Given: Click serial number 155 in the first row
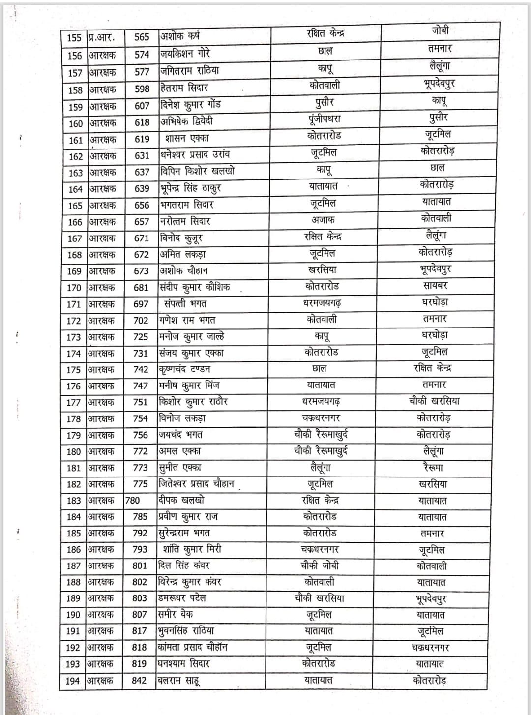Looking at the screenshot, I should [x=74, y=38].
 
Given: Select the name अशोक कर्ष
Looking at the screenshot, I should [x=180, y=37].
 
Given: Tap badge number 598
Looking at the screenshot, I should [x=142, y=89].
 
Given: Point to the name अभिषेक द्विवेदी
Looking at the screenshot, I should [x=186, y=121].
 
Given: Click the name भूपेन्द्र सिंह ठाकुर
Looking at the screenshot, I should [x=190, y=188].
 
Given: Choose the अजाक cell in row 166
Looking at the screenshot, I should [x=323, y=220].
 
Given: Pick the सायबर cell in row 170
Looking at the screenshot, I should [x=435, y=285].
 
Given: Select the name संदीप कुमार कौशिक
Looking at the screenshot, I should [x=194, y=287].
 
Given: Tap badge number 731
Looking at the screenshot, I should [x=140, y=353].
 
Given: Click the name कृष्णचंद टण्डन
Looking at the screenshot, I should [x=184, y=369].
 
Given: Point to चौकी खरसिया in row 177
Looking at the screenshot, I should [x=434, y=401].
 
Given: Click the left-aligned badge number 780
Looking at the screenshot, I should [x=133, y=501].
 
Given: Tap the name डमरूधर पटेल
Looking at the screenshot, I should [x=182, y=598].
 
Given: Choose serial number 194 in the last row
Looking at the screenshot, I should [x=73, y=681].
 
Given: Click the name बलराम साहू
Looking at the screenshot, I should [x=178, y=681].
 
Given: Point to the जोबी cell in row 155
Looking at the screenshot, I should [x=440, y=30].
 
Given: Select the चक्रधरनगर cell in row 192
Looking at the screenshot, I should [x=431, y=648].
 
